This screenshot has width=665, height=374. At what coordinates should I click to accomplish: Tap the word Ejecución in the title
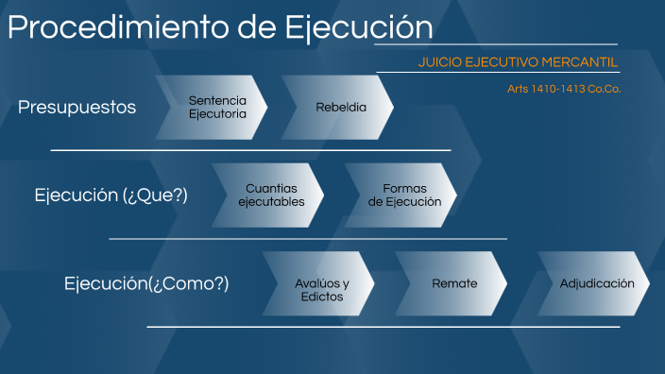tap(359, 27)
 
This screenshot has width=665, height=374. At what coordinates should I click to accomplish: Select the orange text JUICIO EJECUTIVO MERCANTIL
tap(518, 62)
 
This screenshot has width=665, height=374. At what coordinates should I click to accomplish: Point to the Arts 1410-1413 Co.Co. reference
tap(564, 89)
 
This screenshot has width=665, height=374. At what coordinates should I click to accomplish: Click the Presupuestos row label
tap(77, 108)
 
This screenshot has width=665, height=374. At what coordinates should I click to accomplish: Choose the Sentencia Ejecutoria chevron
tap(217, 107)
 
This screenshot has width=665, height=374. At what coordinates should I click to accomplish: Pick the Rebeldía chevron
tap(341, 107)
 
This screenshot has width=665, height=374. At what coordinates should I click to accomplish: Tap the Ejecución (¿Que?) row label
tap(111, 195)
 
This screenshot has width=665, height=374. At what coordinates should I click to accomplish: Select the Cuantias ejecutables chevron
tap(271, 195)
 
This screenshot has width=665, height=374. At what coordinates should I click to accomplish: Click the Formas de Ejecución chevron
tap(404, 195)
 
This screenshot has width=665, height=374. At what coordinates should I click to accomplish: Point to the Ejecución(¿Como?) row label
tap(146, 283)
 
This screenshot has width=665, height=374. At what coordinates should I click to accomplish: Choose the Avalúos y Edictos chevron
tap(321, 290)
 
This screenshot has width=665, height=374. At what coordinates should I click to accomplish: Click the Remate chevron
tap(454, 283)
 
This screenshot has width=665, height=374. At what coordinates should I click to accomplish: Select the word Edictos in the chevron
tap(321, 297)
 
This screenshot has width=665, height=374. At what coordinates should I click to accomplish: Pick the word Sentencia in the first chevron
tap(217, 100)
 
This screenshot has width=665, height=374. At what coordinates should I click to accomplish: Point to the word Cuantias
tap(271, 189)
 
